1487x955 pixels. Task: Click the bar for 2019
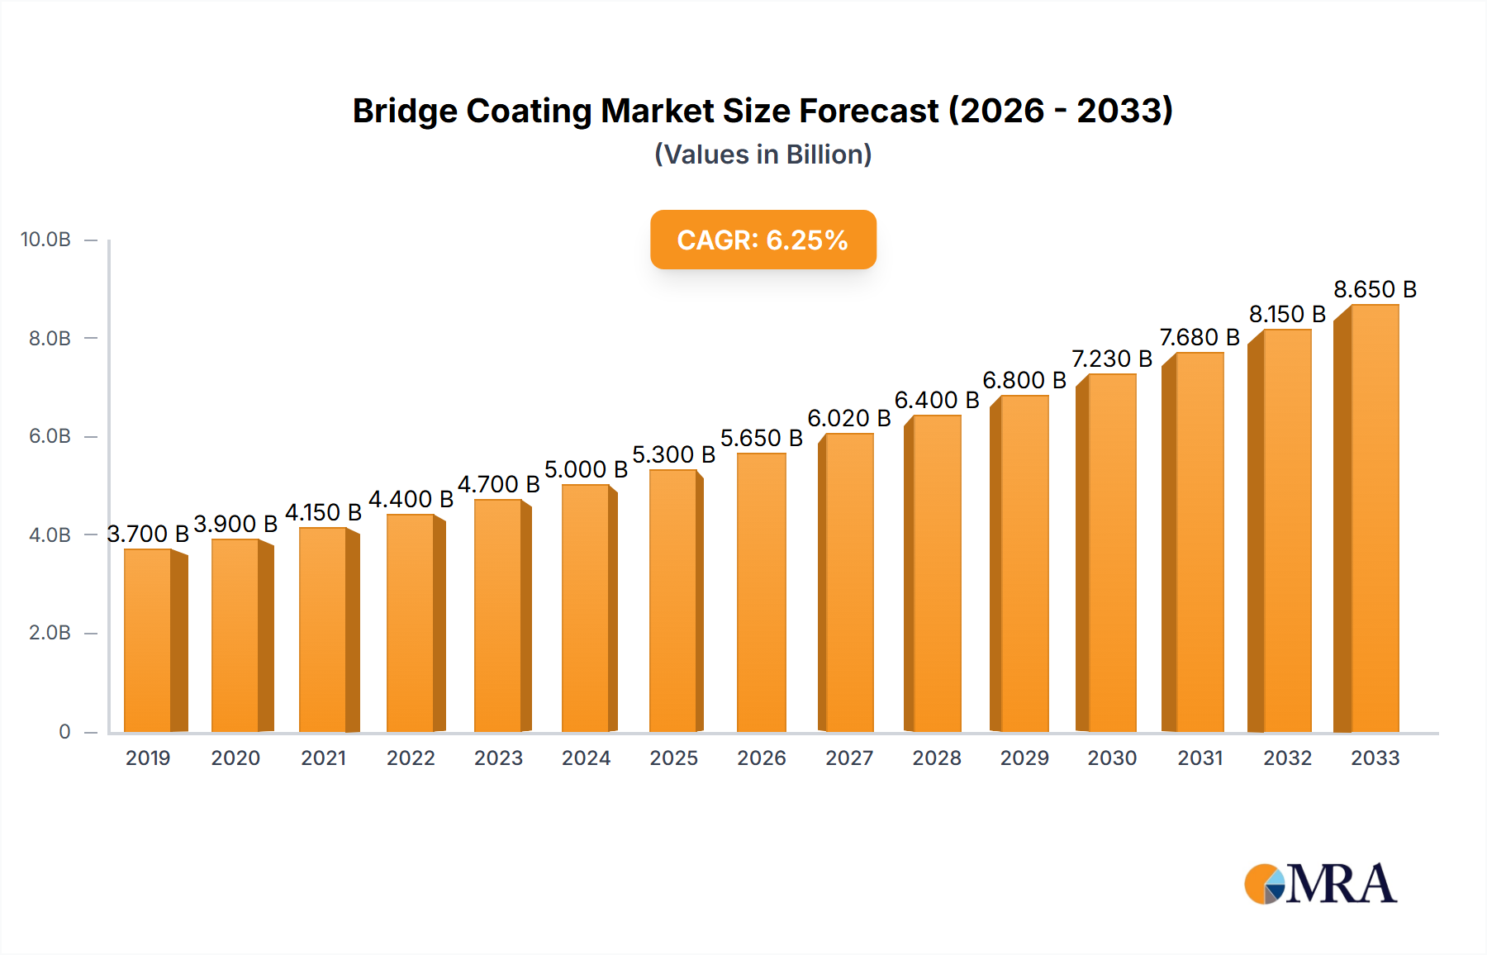click(148, 640)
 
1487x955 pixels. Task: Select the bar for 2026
click(761, 592)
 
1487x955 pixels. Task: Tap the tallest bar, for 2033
click(1374, 518)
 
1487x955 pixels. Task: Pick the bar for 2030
click(1111, 553)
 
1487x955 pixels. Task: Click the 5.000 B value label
click(586, 469)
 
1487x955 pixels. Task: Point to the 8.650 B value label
click(1375, 289)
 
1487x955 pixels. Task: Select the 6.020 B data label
click(848, 418)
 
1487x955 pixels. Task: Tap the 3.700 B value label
click(148, 534)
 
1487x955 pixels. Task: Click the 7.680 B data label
click(1199, 337)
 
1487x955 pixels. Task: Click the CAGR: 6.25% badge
click(763, 240)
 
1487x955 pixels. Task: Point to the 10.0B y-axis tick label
click(45, 240)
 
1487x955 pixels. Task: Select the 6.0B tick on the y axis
click(50, 436)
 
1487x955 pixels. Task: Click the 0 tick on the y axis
click(64, 731)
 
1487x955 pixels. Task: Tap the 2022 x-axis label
click(411, 758)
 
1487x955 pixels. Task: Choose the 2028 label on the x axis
click(936, 758)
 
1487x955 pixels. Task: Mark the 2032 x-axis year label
click(1287, 758)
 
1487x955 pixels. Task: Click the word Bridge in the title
click(404, 111)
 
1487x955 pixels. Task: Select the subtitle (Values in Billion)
click(763, 154)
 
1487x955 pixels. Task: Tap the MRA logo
click(1319, 884)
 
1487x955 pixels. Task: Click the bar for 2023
click(498, 615)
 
